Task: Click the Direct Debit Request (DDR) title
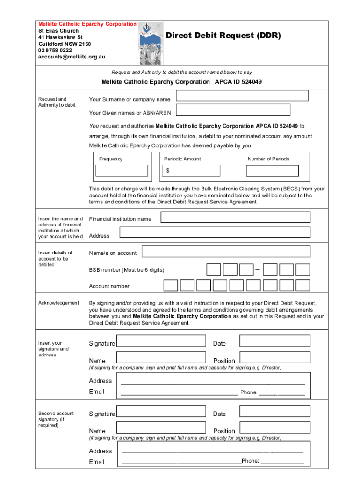pos(223,36)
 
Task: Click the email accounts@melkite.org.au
pos(72,57)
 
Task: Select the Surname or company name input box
pos(242,96)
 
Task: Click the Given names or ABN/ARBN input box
pos(233,110)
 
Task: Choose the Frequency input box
pos(122,171)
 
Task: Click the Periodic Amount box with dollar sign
pos(190,171)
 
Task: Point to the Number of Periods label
pos(268,159)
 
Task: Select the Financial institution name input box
pos(235,218)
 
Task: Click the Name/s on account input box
pos(226,252)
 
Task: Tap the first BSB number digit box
pos(214,270)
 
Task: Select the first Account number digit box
pos(171,285)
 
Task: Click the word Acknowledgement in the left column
pos(59,303)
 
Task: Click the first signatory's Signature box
pos(161,341)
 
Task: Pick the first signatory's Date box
pos(274,341)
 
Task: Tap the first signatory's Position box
pos(274,358)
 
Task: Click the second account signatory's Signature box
pos(161,412)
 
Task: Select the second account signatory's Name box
pos(161,428)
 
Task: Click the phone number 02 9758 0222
pos(55,51)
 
